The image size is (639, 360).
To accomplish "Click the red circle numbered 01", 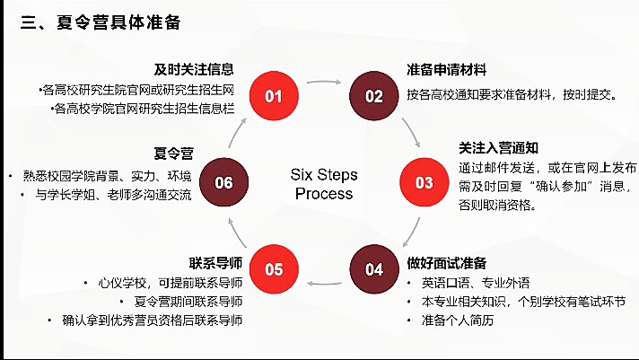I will tap(273, 97).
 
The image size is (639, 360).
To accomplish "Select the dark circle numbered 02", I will tap(373, 97).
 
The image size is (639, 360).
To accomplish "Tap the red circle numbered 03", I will tap(424, 182).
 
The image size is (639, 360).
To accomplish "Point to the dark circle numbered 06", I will tap(223, 183).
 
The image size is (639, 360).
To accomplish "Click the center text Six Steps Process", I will tap(324, 183).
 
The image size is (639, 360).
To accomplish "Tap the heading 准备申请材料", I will tap(447, 70).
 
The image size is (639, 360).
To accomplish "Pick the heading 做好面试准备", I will tap(446, 263).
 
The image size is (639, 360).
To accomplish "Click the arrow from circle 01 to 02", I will tap(323, 82).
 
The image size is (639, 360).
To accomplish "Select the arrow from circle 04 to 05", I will tap(323, 284).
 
